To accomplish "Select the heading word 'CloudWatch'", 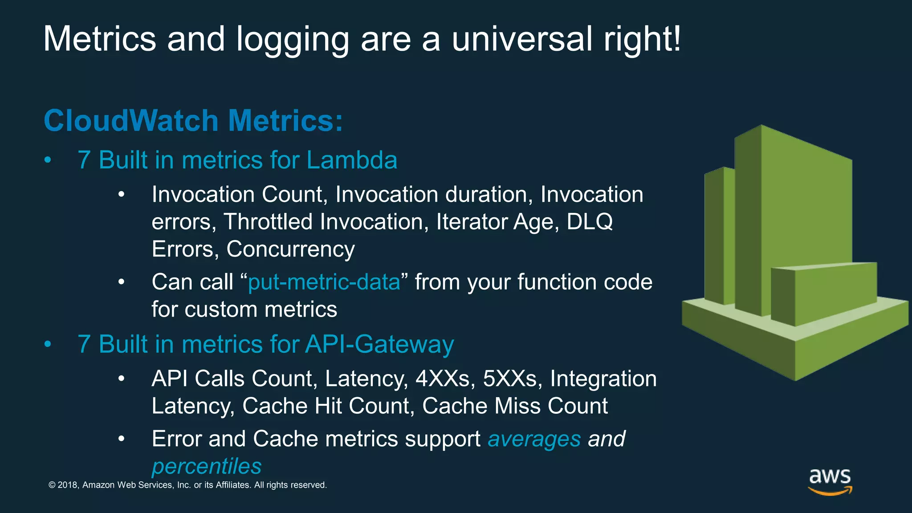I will [x=131, y=121].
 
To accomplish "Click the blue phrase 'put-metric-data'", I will [x=324, y=282].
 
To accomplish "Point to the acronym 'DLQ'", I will [x=590, y=221].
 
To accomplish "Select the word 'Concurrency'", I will [x=290, y=249].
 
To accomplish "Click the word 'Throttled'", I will [x=268, y=221].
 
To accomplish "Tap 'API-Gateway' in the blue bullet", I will [x=379, y=344].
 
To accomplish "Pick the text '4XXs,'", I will [x=445, y=379].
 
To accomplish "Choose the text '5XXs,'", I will [x=513, y=379].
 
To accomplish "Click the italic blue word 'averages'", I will [x=534, y=439].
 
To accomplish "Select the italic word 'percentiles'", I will [x=207, y=466].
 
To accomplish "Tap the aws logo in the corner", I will [x=830, y=481].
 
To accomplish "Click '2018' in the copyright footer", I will [x=68, y=485].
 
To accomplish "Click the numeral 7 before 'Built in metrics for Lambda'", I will [x=84, y=160].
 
